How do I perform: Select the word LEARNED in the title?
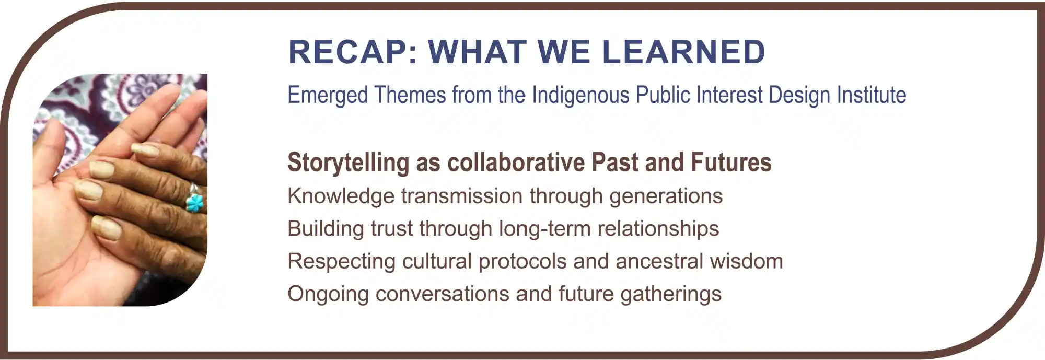(x=683, y=52)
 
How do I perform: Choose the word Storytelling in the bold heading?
(x=349, y=162)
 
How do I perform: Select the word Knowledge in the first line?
(x=341, y=196)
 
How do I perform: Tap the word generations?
(x=666, y=196)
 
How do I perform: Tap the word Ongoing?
(x=328, y=294)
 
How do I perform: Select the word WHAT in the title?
(x=478, y=52)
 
